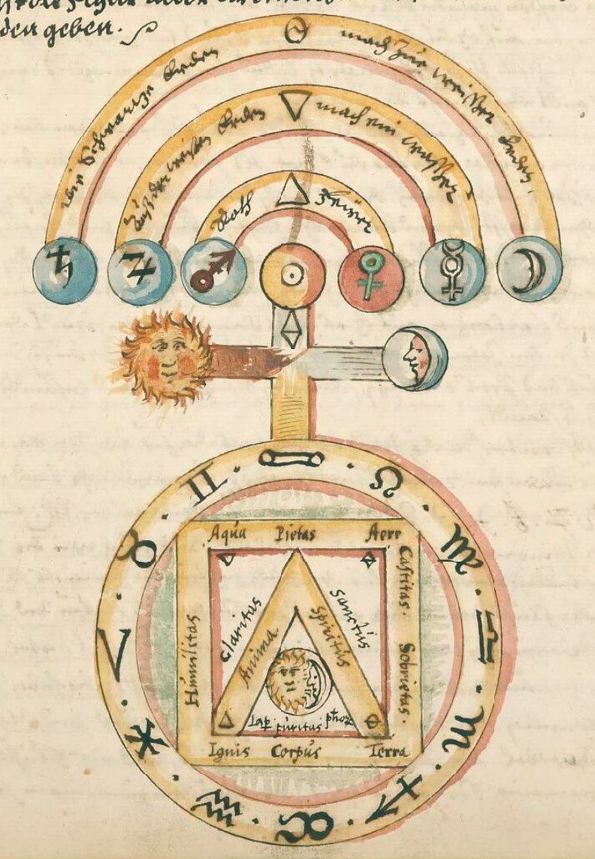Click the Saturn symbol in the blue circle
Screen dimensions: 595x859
(x=65, y=270)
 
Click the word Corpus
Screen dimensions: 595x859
(x=297, y=749)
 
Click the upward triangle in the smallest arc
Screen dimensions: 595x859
(x=290, y=194)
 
